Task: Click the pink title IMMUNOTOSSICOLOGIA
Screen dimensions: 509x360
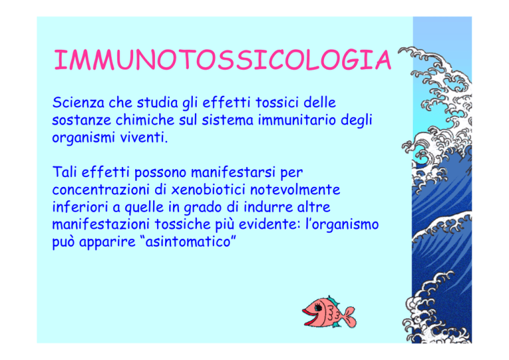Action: (x=223, y=60)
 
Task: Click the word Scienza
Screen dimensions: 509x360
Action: (x=78, y=103)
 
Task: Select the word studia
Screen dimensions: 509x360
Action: (x=157, y=103)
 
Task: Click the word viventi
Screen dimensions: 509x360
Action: (x=144, y=138)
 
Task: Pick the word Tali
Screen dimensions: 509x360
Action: (x=64, y=172)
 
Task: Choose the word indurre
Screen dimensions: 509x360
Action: (x=268, y=207)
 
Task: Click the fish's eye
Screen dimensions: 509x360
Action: (x=318, y=307)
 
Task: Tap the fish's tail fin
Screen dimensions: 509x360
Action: (x=349, y=317)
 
